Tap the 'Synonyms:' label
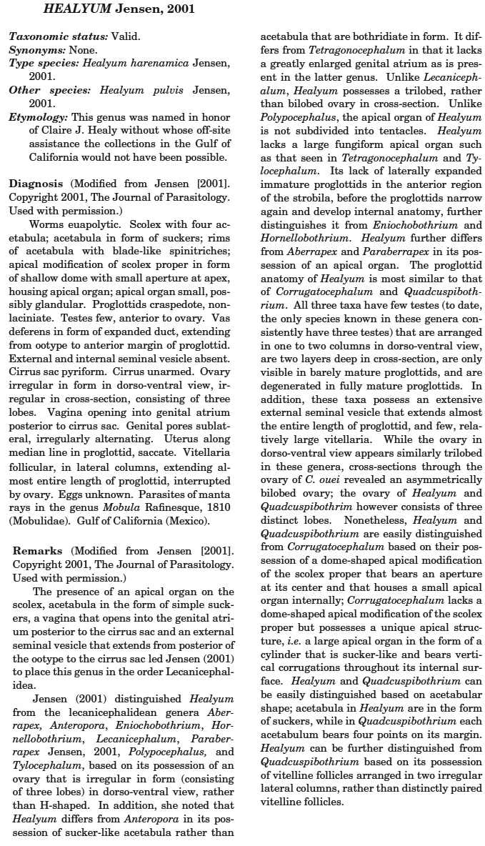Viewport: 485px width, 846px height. (x=33, y=50)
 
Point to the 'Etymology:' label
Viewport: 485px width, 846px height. (x=39, y=116)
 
